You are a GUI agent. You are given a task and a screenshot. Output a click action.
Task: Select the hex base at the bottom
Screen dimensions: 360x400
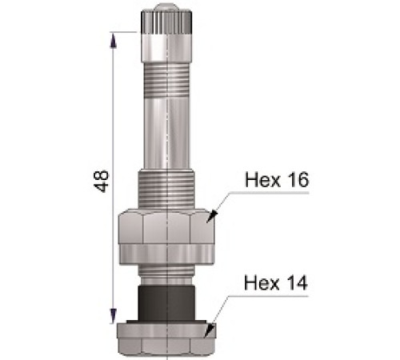pos(166,337)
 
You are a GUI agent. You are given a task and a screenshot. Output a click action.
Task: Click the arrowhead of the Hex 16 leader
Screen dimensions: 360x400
pos(210,214)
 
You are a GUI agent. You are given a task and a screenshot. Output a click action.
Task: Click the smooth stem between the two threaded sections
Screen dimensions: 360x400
pos(166,128)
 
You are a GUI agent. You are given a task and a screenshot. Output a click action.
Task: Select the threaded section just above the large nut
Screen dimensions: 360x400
pos(166,189)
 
